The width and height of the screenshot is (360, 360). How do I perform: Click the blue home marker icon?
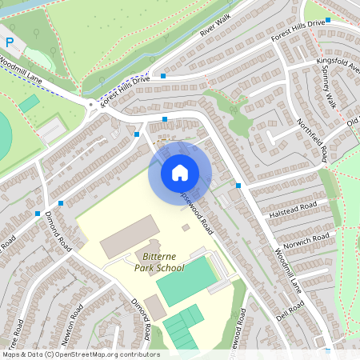coord(180,172)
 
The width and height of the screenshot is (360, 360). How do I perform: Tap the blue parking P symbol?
coord(10,42)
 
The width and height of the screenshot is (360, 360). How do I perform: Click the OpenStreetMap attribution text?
coord(80,354)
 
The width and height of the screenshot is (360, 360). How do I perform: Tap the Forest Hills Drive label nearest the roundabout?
coord(124,90)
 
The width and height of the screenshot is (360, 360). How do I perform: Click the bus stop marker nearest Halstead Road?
coord(238,186)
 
